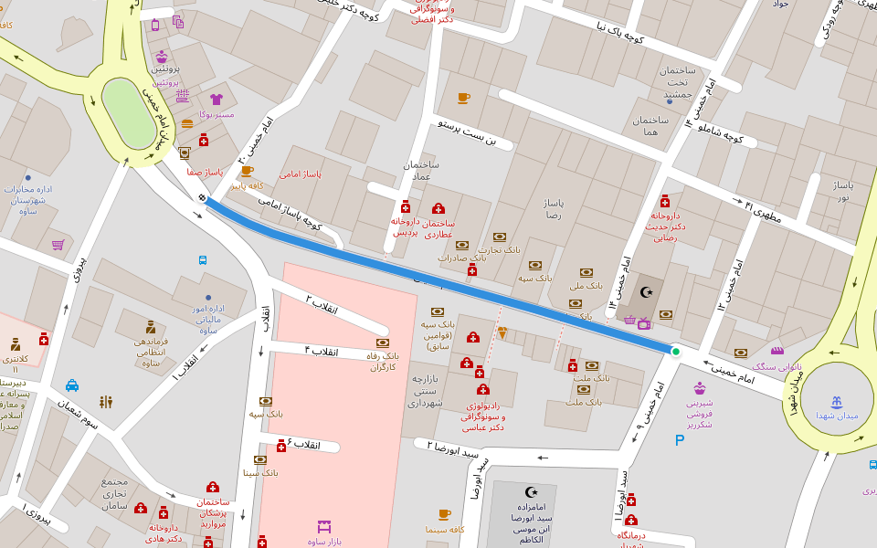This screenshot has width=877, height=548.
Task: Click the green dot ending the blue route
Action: pos(676,351)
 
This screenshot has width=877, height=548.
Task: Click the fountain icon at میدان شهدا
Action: pos(836,402)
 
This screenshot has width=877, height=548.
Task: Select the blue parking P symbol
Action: pos(679,440)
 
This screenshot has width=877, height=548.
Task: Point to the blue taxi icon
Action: pos(72,385)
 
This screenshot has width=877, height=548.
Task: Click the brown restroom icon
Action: pos(106,402)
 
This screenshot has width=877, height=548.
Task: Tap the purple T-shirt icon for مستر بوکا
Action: pos(217,100)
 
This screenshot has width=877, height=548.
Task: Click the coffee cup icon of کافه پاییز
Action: pos(246,171)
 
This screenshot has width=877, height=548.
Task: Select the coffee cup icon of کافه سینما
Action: pos(444,514)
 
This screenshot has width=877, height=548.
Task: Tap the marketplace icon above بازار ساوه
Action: pos(323,527)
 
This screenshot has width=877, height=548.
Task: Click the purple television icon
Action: pos(643,322)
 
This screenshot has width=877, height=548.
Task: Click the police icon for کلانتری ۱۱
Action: pos(15,344)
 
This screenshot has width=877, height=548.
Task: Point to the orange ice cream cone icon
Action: pos(502,333)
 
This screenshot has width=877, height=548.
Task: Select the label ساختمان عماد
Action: pos(421,170)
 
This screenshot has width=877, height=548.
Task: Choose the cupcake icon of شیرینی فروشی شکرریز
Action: pos(700,388)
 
